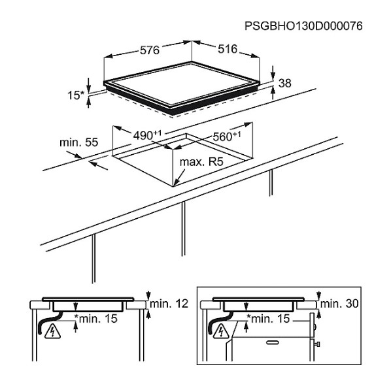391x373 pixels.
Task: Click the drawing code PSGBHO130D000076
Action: (x=303, y=26)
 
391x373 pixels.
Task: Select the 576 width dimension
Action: (x=150, y=50)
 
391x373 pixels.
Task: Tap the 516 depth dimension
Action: (x=228, y=49)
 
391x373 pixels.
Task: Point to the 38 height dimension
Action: (x=285, y=83)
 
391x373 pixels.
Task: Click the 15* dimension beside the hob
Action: (x=76, y=95)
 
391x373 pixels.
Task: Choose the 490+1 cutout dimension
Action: (x=147, y=135)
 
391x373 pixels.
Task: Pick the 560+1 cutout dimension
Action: (x=227, y=136)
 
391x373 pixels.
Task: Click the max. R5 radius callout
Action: (x=201, y=162)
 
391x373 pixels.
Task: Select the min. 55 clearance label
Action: (x=79, y=142)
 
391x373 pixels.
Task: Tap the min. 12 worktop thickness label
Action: (x=169, y=304)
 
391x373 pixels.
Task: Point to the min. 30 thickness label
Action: (x=339, y=304)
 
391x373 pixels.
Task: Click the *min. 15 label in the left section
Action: (x=96, y=318)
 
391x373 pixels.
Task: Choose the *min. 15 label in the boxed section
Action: (x=268, y=318)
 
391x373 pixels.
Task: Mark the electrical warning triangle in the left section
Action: (x=52, y=332)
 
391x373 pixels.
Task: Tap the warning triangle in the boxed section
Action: (x=221, y=332)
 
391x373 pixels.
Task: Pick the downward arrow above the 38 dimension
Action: (x=273, y=73)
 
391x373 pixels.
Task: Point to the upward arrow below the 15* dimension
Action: (x=88, y=103)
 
